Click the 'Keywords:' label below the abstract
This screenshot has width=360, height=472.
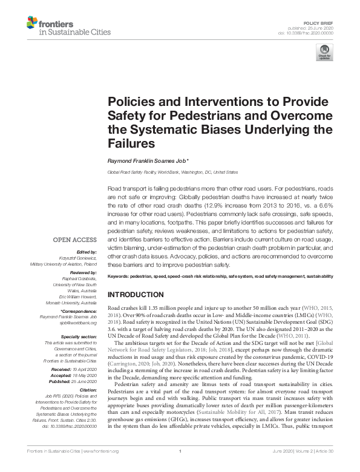pyautogui.click(x=120, y=277)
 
